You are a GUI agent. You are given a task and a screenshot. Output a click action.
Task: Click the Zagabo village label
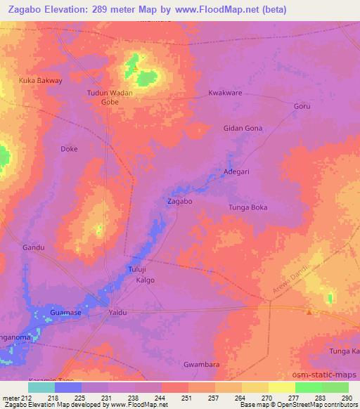click(180, 201)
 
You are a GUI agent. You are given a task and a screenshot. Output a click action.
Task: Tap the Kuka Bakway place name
click(40, 80)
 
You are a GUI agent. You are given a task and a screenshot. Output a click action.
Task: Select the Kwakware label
click(226, 93)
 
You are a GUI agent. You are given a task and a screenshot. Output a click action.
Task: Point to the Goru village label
click(301, 106)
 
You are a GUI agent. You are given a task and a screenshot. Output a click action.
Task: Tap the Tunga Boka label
click(248, 207)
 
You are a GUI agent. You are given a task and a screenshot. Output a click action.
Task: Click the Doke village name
click(69, 149)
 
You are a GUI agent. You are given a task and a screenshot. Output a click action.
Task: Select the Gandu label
click(33, 247)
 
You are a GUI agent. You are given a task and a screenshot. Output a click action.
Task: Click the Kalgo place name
click(144, 280)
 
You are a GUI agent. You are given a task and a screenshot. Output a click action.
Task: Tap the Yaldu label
click(118, 311)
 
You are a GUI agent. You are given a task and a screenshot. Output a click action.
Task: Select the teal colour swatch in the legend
click(41, 387)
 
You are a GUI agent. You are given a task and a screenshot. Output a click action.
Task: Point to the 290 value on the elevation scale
click(345, 398)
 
